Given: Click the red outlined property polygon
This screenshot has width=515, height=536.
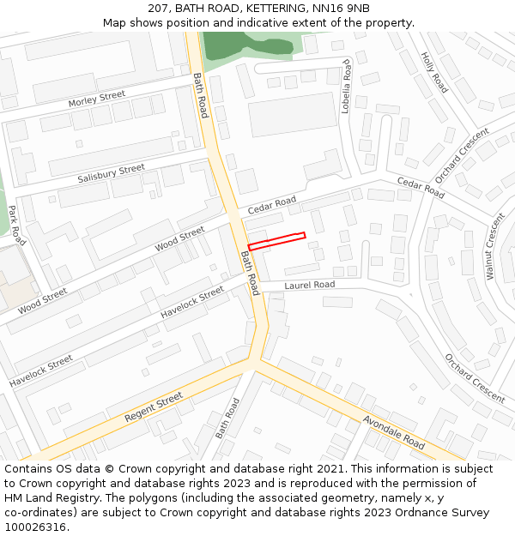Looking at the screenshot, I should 276,240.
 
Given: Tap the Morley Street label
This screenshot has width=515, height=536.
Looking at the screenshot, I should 96,99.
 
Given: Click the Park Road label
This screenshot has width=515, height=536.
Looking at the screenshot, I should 17,226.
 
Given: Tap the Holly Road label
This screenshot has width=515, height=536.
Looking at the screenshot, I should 434,72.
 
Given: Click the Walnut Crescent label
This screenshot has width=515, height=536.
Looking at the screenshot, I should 495,246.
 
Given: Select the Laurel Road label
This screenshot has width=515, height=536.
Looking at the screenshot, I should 309,285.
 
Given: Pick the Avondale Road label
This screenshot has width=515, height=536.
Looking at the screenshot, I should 394,432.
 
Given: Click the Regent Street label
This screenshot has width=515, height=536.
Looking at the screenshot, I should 154,407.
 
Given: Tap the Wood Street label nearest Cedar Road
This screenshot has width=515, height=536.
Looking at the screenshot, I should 179,238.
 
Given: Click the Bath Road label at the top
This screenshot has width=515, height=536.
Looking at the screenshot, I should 200,94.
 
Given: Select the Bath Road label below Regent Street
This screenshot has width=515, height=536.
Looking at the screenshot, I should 227,418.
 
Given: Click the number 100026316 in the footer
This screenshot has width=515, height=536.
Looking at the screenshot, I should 34,527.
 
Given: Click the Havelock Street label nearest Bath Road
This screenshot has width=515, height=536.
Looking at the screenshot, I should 192,302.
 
